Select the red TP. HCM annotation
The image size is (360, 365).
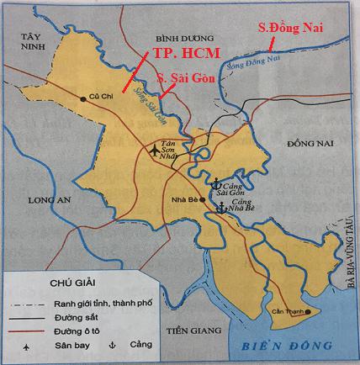(x=186, y=54)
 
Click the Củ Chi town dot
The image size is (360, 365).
(x=83, y=99)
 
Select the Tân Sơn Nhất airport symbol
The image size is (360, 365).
(x=151, y=152)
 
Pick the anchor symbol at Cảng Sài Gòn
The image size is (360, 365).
(x=214, y=182)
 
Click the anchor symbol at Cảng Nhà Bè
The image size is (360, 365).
(x=220, y=207)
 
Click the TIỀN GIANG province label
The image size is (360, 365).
(x=189, y=330)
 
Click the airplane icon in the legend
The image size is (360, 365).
(x=29, y=345)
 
